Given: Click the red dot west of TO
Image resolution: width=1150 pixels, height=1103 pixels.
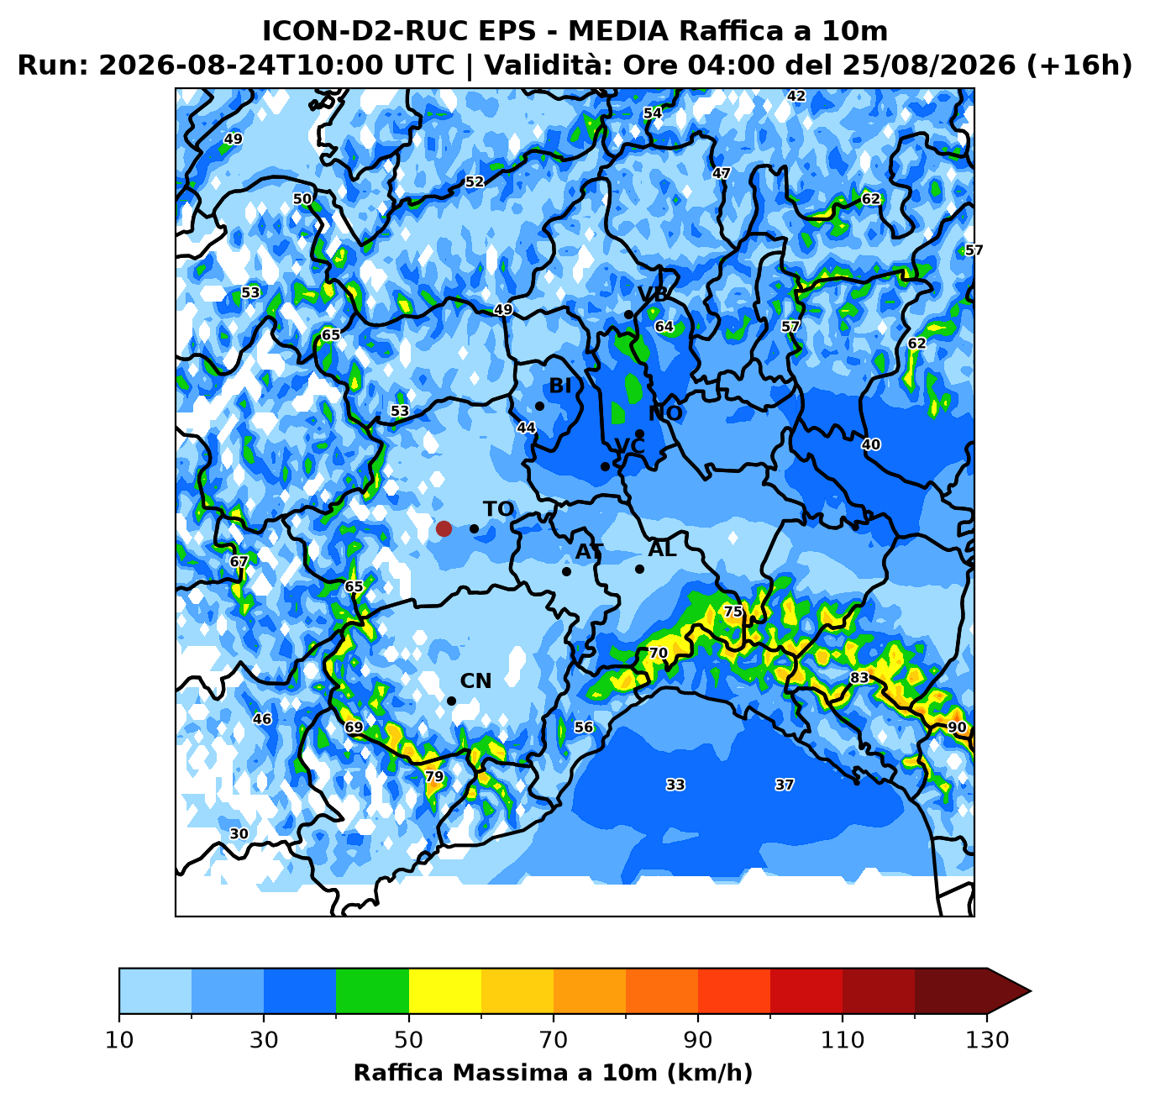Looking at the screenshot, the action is (x=444, y=528).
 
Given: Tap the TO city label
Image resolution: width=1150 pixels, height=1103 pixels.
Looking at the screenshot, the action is (x=498, y=509).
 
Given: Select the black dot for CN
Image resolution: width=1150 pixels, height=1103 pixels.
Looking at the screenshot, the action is (x=451, y=701).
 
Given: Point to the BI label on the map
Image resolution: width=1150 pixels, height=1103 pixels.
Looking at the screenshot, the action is (x=559, y=386).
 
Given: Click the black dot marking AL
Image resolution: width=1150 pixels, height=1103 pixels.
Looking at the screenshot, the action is (x=638, y=570).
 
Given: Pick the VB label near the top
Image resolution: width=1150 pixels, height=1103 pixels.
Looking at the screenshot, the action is (x=653, y=294).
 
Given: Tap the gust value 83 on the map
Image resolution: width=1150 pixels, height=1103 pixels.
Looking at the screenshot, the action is (x=859, y=677).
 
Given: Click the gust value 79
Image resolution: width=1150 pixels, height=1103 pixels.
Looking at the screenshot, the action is (x=433, y=776).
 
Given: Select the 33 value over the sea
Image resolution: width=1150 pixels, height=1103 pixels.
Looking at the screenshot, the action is (x=675, y=785).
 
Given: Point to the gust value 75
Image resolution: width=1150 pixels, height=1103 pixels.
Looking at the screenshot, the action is (x=733, y=612).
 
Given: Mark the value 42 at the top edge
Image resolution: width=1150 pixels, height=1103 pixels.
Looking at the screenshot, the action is (x=796, y=96).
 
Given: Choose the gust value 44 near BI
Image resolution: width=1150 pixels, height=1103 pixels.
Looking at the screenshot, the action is (x=525, y=427).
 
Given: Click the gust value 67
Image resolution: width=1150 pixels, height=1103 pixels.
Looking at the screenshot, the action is (x=239, y=561).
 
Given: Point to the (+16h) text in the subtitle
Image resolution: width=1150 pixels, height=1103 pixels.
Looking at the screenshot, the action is (x=1079, y=65).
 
